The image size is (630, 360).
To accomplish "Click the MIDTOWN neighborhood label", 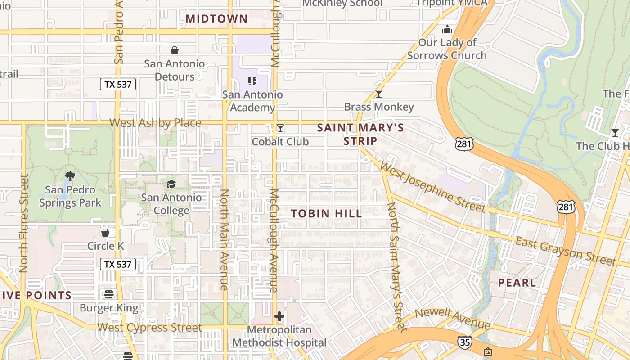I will pyautogui.click(x=216, y=18).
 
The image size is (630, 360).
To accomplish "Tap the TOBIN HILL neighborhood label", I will pyautogui.click(x=326, y=213).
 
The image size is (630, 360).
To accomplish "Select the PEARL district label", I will pyautogui.click(x=517, y=283).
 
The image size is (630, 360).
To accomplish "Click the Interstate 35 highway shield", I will pyautogui.click(x=465, y=342).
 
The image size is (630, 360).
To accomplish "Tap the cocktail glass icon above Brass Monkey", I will pyautogui.click(x=379, y=94).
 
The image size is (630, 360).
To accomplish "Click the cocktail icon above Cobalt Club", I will pyautogui.click(x=280, y=129).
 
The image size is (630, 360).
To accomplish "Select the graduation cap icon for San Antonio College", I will pyautogui.click(x=171, y=184).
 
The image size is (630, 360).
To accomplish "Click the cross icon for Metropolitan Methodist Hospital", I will pyautogui.click(x=279, y=316).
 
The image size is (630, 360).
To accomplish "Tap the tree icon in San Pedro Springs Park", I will pyautogui.click(x=70, y=176).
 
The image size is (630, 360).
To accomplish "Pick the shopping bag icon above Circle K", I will pyautogui.click(x=105, y=233).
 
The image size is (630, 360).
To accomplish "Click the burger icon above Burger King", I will pyautogui.click(x=108, y=294).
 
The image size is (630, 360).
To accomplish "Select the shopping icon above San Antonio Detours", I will pyautogui.click(x=175, y=50).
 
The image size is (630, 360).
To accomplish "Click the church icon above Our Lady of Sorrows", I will pyautogui.click(x=447, y=30).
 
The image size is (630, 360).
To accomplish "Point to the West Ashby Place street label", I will pyautogui.click(x=155, y=123).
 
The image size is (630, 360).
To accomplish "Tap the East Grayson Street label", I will pyautogui.click(x=565, y=251).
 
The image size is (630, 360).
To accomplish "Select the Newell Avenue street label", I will pyautogui.click(x=453, y=319).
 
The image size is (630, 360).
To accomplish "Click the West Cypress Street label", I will pyautogui.click(x=149, y=327).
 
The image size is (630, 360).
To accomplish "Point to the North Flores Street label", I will pyautogui.click(x=24, y=224).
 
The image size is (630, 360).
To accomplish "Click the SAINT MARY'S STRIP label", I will pyautogui.click(x=360, y=134).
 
